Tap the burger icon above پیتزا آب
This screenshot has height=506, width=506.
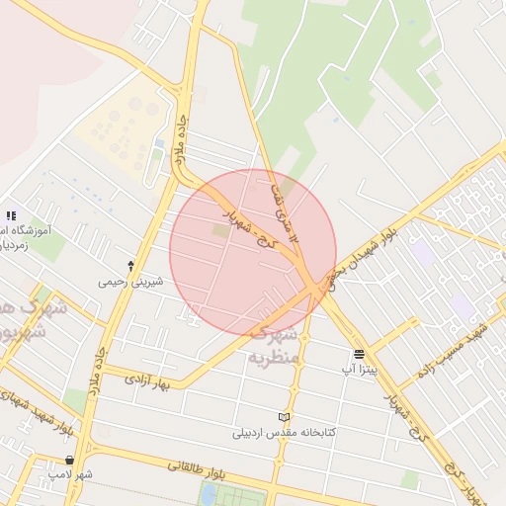358,353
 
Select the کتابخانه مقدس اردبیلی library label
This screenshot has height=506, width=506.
285,432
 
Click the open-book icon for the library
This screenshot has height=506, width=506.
285,417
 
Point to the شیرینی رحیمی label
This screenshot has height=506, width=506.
129,281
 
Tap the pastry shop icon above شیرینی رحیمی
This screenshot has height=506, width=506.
130,265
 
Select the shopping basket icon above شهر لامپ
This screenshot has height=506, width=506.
69,460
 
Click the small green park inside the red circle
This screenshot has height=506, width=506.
219,230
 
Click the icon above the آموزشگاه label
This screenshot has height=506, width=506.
11,214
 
